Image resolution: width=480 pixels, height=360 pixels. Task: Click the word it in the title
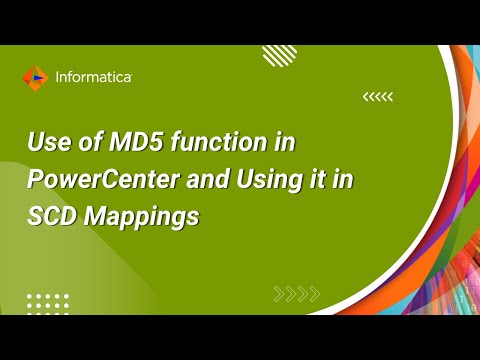point(313,180)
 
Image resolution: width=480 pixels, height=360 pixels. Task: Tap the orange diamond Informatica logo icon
point(34,76)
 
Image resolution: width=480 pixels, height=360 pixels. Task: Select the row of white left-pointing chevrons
point(377,97)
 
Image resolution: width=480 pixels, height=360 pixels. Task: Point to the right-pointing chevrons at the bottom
point(297,293)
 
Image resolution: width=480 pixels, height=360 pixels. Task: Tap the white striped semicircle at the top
point(281,54)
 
